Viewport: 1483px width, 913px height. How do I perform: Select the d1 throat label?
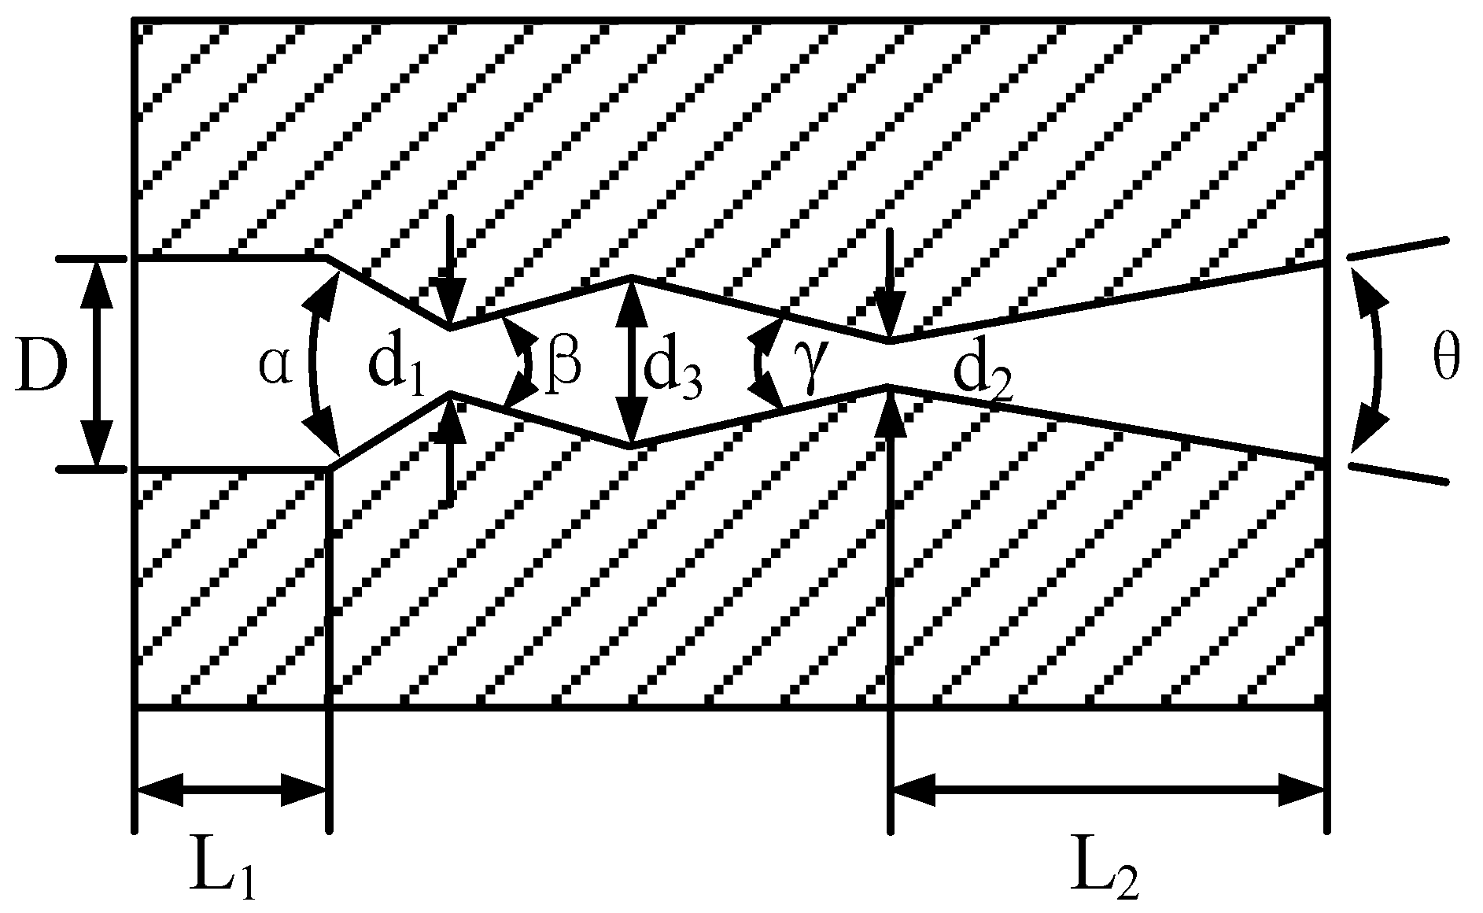(396, 368)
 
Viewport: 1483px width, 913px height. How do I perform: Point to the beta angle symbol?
(564, 364)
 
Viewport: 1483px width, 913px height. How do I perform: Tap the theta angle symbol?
(1444, 364)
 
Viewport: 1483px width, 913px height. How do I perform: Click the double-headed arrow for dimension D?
(97, 364)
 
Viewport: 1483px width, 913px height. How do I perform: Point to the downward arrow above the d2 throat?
(889, 283)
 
